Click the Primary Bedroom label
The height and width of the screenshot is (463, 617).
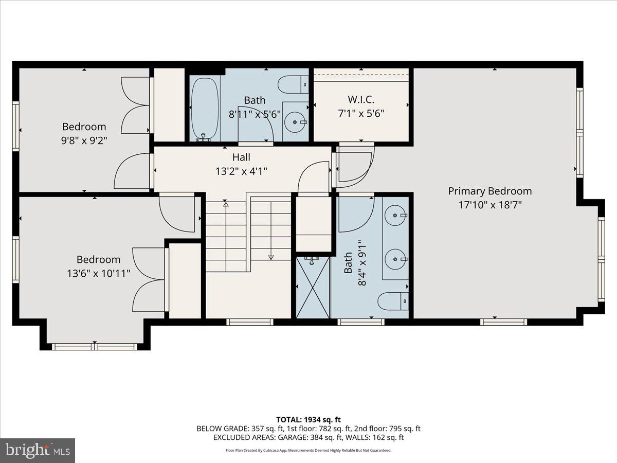(489, 191)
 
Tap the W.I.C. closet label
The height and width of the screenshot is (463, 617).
(361, 99)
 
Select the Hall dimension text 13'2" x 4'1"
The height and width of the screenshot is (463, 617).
(241, 171)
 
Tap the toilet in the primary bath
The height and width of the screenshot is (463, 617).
(393, 300)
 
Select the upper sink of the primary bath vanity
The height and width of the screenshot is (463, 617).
(395, 215)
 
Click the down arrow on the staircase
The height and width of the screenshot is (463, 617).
(271, 257)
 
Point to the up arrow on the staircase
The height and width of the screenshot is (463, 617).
(225, 204)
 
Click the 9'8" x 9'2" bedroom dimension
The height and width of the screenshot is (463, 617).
(84, 139)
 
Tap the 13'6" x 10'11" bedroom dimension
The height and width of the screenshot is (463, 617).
(98, 273)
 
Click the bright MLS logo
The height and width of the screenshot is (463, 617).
(38, 450)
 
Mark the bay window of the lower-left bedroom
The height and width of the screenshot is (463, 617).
(95, 346)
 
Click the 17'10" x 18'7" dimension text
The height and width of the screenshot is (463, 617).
(489, 205)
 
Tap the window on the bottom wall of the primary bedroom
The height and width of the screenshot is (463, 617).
(503, 322)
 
